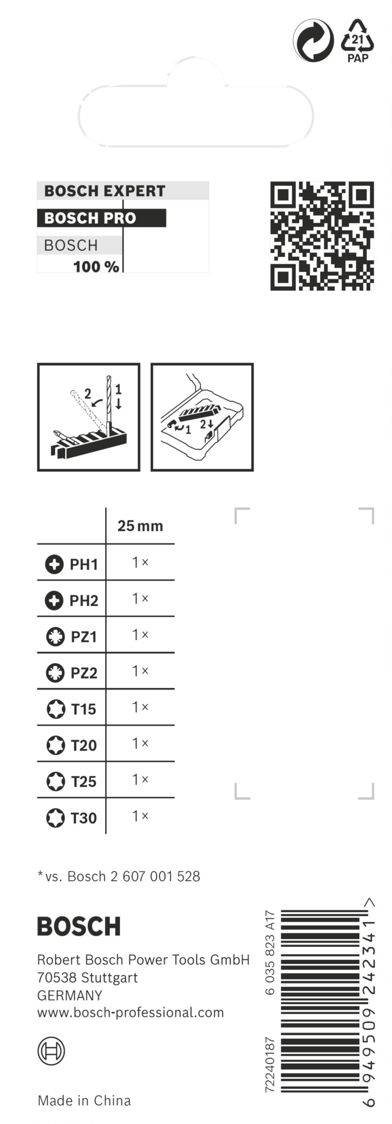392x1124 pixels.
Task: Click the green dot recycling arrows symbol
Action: click(x=313, y=40)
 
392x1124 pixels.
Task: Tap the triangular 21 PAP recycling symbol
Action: click(x=358, y=40)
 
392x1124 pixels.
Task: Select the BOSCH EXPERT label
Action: click(x=105, y=191)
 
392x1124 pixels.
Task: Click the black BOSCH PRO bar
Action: click(x=101, y=218)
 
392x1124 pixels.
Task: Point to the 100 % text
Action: click(x=96, y=266)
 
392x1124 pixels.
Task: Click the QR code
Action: click(x=322, y=235)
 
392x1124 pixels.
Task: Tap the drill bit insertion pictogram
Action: click(x=88, y=417)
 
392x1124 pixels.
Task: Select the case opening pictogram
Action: click(x=202, y=417)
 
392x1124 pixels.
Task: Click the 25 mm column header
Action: click(x=140, y=526)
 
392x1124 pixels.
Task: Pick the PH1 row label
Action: click(x=83, y=564)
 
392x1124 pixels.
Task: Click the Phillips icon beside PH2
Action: click(x=54, y=601)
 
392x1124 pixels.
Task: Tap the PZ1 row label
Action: click(x=84, y=637)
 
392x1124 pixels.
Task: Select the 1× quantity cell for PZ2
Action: click(x=140, y=671)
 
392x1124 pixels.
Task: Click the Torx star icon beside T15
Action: click(x=55, y=709)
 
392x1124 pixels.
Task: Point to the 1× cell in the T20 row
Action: click(x=140, y=744)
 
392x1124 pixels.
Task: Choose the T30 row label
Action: click(x=83, y=818)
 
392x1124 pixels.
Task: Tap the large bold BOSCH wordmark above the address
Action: click(x=79, y=927)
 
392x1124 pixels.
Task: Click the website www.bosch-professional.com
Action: click(x=130, y=1013)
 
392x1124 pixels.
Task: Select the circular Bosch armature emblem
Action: click(x=51, y=1051)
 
